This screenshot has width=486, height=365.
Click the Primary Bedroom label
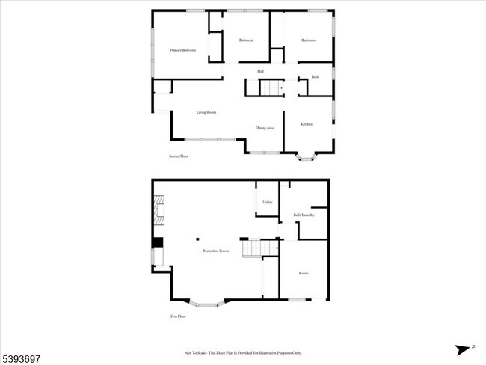tap(182, 50)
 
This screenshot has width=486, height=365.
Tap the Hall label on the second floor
tap(260, 71)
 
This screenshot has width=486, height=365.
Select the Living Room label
tap(206, 113)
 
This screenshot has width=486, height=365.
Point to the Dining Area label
tap(265, 128)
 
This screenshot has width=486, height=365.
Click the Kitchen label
tap(307, 123)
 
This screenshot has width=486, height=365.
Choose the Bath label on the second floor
tap(316, 77)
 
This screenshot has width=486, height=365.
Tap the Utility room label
tap(267, 203)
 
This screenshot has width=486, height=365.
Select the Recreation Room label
tap(215, 251)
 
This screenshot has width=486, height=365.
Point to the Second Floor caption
tap(179, 156)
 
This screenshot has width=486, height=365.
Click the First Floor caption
tap(178, 316)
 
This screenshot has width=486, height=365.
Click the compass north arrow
tap(464, 349)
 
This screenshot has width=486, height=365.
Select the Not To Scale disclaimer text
tap(242, 352)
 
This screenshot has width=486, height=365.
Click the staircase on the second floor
tap(271, 88)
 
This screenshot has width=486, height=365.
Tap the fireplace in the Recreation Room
tap(159, 210)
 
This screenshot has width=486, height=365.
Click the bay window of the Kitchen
tap(307, 156)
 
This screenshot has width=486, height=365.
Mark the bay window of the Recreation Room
tap(207, 304)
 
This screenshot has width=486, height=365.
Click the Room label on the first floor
tap(304, 274)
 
